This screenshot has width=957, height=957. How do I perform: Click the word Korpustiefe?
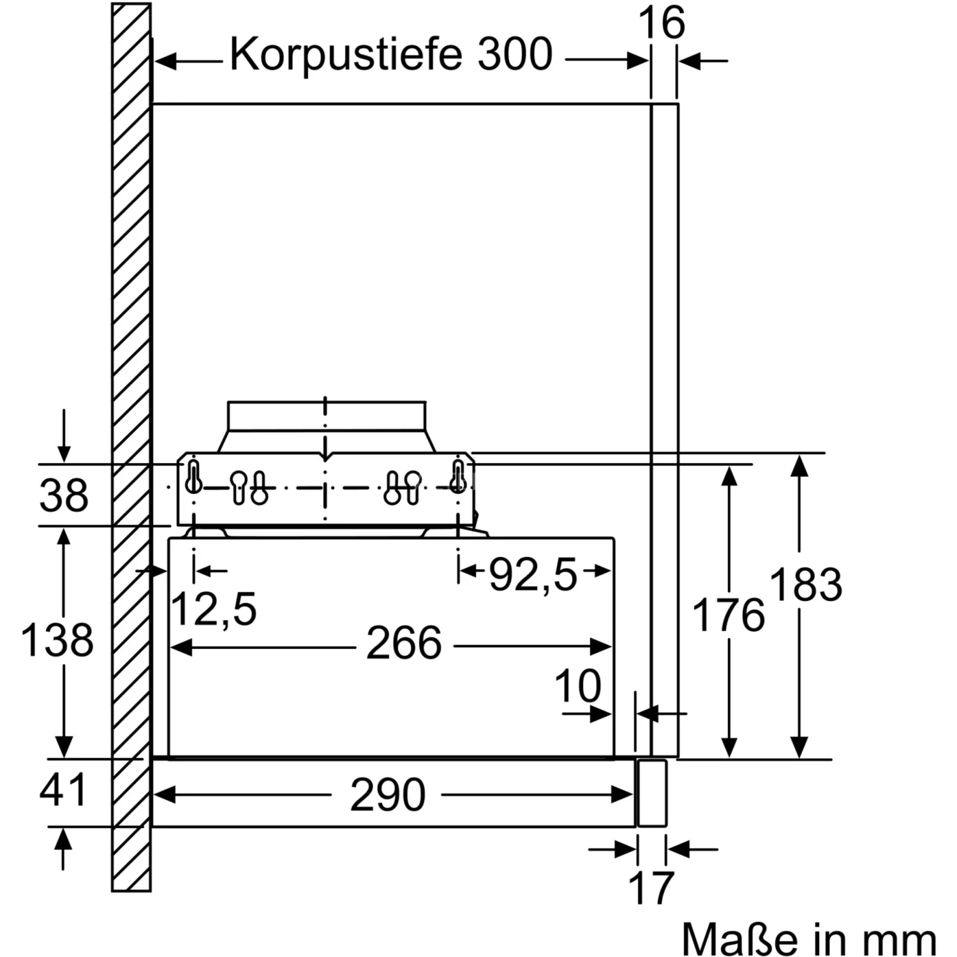[345, 55]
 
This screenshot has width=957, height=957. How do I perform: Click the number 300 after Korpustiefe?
[514, 55]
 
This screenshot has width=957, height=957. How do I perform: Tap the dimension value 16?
[662, 24]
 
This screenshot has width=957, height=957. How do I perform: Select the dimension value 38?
[64, 495]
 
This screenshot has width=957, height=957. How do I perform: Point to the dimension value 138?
[57, 640]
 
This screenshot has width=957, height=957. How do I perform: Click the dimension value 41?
[63, 790]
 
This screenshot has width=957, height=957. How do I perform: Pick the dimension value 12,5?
[214, 609]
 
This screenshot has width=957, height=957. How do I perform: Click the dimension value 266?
[404, 644]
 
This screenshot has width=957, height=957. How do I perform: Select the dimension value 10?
[578, 686]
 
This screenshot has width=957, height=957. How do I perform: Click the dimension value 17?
[651, 888]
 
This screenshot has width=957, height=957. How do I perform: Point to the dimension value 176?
[729, 616]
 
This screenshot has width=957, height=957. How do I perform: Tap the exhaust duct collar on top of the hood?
[327, 416]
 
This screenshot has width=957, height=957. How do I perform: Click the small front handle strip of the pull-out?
[651, 793]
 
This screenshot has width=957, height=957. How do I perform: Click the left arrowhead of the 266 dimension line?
[180, 647]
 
